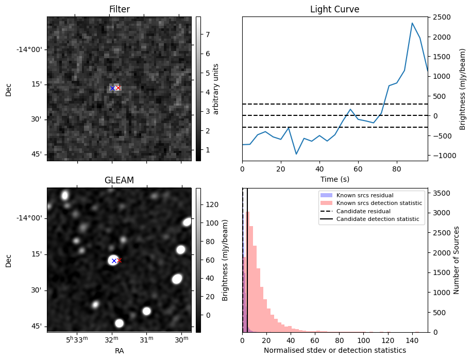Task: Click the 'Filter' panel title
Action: (119, 9)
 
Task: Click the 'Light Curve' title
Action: (334, 9)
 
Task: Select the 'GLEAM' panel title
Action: (119, 180)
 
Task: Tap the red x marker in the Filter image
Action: (118, 88)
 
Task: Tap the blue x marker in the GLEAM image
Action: (114, 261)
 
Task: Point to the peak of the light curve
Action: (412, 23)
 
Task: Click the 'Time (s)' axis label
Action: (334, 178)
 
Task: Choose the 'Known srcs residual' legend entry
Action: (365, 195)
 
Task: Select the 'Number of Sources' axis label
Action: (456, 260)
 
